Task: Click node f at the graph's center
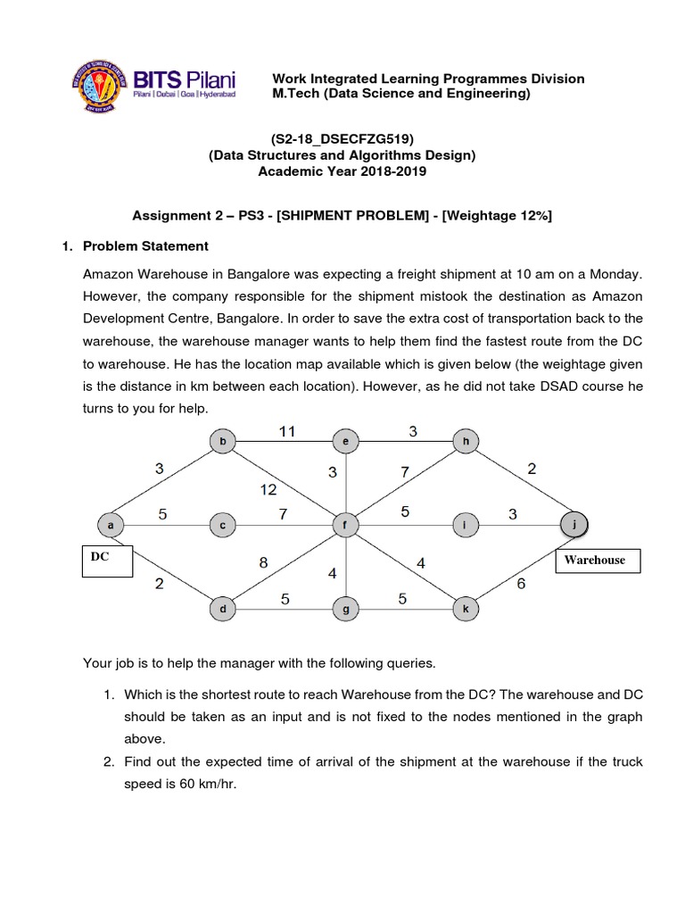(x=343, y=526)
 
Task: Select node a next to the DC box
(x=111, y=526)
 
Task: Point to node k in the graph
(x=466, y=610)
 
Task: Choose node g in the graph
(x=343, y=610)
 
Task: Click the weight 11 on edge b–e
(x=286, y=431)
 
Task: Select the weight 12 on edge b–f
(x=268, y=489)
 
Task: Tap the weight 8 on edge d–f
(x=264, y=563)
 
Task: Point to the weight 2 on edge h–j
(x=532, y=469)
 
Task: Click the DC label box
(x=107, y=561)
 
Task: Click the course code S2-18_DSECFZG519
(x=342, y=138)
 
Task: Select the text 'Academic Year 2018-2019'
(x=342, y=171)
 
